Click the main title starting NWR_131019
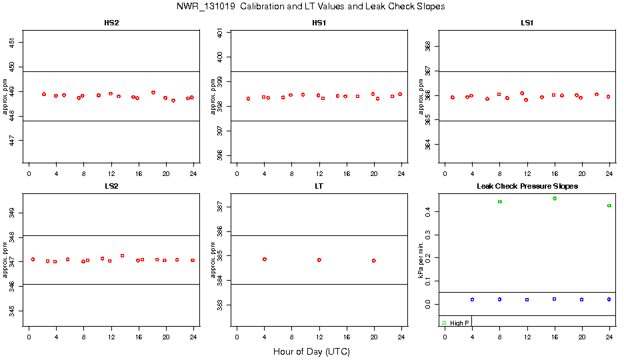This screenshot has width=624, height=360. [x=311, y=7]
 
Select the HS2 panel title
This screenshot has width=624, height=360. [x=112, y=23]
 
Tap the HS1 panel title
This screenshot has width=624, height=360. [x=319, y=23]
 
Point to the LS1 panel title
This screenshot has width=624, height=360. [x=527, y=23]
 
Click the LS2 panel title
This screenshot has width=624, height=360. [x=112, y=187]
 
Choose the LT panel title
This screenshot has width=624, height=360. [x=319, y=187]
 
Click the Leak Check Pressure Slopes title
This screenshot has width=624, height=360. [x=527, y=187]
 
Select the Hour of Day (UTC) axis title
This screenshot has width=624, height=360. [x=311, y=351]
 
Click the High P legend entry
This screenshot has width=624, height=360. [x=456, y=323]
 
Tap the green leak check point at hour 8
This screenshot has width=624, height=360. [x=499, y=201]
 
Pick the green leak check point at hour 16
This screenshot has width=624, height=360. [x=555, y=199]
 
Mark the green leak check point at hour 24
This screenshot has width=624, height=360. [x=609, y=206]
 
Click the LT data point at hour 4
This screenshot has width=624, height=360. [x=265, y=259]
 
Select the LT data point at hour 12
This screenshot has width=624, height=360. [x=319, y=260]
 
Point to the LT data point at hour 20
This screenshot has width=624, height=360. [x=374, y=261]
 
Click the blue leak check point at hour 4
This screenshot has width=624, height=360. [x=472, y=299]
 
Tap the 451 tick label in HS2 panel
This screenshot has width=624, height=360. [x=16, y=42]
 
